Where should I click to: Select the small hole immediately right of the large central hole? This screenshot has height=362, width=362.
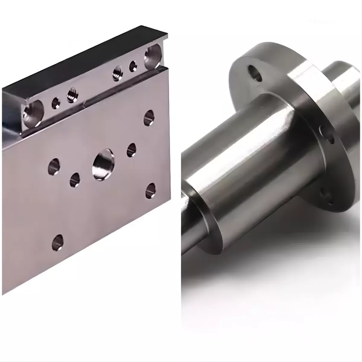coord(132,150)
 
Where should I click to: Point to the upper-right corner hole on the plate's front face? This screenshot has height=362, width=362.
coord(149,117)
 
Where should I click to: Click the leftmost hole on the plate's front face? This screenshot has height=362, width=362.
coord(54,166)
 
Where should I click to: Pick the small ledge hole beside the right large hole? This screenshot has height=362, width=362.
coord(133,66)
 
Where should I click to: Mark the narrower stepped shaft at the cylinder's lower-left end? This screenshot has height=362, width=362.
coord(189,217)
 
